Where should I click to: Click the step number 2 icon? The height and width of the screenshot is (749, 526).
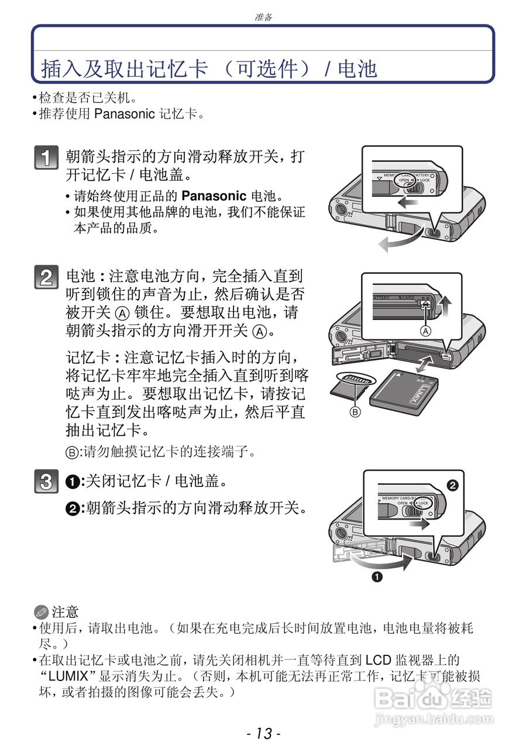(x=46, y=277)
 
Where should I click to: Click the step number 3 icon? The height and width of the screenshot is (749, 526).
(x=46, y=482)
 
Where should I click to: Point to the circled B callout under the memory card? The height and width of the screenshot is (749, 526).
(x=355, y=411)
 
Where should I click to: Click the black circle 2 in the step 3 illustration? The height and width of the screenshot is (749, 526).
(x=451, y=485)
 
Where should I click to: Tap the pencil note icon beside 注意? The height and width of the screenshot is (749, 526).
(x=40, y=613)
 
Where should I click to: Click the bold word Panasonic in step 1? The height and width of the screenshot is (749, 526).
(x=214, y=196)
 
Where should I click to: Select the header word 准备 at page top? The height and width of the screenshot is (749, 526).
(x=263, y=17)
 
